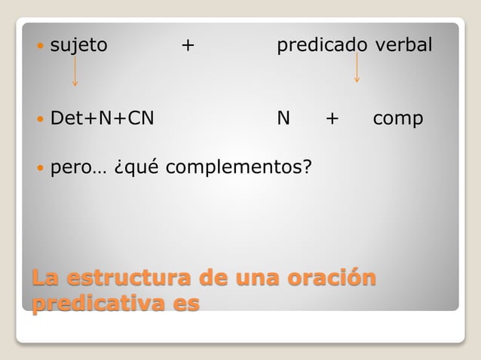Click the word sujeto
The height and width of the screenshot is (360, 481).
tap(78, 46)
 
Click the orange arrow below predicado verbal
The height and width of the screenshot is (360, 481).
tap(357, 68)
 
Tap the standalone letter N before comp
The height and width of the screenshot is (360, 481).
tap(283, 119)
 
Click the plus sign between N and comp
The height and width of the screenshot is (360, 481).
tap(331, 119)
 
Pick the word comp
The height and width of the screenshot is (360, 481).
tap(398, 120)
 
